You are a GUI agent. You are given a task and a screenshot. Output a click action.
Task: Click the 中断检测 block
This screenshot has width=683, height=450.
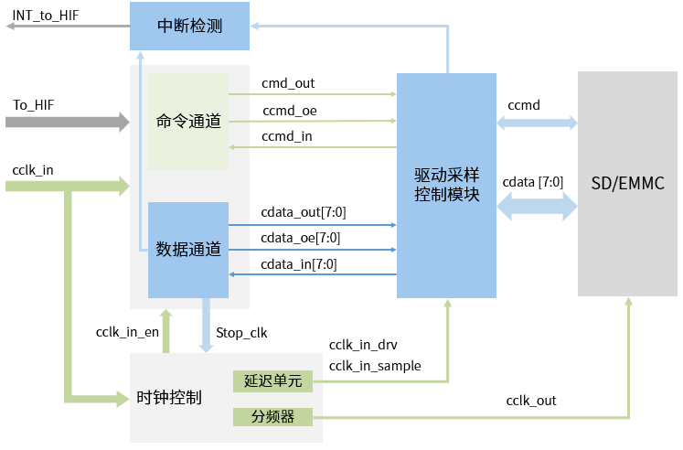click(190, 26)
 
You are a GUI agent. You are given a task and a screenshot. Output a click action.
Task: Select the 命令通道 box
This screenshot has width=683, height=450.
click(188, 121)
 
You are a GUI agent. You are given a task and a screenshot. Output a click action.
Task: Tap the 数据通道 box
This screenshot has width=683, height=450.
click(188, 249)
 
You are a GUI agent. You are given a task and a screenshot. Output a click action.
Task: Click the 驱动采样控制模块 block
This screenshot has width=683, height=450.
click(446, 185)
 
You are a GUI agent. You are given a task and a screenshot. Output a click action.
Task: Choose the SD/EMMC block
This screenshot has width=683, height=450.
click(627, 185)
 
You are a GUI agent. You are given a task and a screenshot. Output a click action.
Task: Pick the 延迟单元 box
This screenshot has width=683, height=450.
click(272, 380)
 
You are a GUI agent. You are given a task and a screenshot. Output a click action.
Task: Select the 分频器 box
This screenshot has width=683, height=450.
click(272, 417)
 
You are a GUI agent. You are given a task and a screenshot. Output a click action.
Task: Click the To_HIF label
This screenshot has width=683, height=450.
click(33, 105)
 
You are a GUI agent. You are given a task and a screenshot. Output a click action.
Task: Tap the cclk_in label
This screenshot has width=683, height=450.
click(33, 170)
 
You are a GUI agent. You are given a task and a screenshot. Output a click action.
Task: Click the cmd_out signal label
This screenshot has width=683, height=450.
click(288, 83)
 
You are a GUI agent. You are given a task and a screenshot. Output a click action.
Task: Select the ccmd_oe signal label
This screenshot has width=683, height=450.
click(290, 111)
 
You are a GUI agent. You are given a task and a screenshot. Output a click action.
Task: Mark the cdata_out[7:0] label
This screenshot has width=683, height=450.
click(303, 212)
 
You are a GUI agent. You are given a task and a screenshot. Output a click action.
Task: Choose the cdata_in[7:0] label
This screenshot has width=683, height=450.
click(298, 264)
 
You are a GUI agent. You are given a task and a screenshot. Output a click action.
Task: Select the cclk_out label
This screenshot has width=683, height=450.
click(530, 401)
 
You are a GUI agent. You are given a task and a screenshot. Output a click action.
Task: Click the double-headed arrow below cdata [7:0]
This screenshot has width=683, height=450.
click(537, 208)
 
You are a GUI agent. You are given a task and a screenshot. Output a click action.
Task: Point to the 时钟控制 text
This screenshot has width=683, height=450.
click(168, 398)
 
